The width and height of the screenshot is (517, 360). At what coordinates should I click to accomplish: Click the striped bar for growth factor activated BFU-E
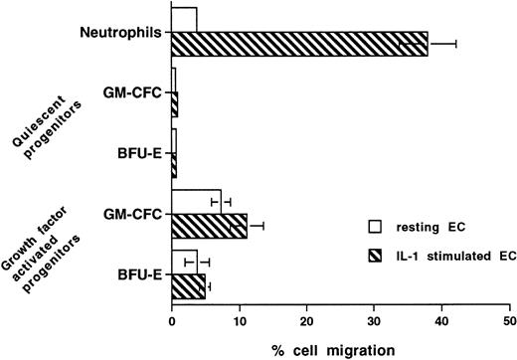click(x=188, y=287)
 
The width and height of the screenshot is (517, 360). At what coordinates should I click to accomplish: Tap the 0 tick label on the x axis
click(x=172, y=322)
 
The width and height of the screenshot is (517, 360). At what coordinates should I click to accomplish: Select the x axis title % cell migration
click(x=338, y=348)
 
